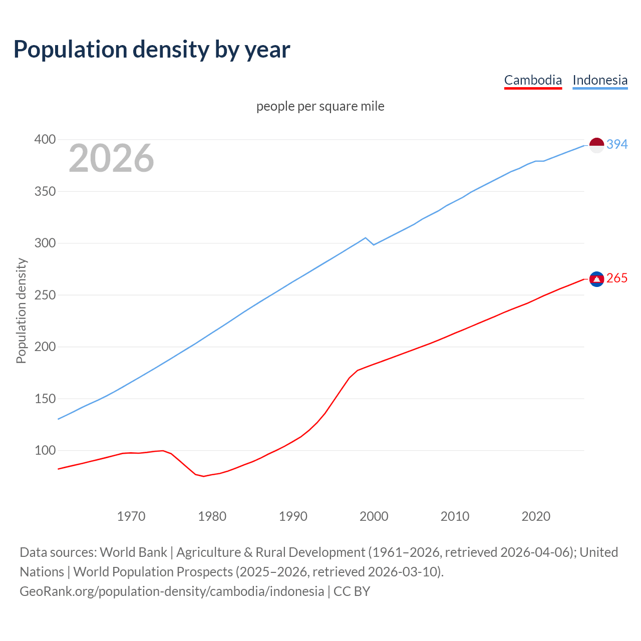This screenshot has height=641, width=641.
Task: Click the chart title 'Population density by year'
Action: pyautogui.click(x=152, y=49)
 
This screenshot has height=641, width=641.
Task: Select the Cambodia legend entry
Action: pyautogui.click(x=533, y=80)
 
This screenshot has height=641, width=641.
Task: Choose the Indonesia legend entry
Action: pyautogui.click(x=600, y=80)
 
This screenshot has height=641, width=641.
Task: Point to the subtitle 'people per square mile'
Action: pyautogui.click(x=320, y=106)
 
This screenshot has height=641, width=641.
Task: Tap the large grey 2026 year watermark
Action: pyautogui.click(x=111, y=158)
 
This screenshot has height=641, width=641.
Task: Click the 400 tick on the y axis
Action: pyautogui.click(x=45, y=140)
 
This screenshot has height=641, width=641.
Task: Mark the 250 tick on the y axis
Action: pyautogui.click(x=45, y=295)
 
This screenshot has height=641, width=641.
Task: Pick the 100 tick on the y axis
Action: pyautogui.click(x=45, y=450)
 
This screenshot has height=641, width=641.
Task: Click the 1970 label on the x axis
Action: pyautogui.click(x=131, y=516)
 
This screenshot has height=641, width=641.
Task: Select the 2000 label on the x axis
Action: pyautogui.click(x=374, y=516)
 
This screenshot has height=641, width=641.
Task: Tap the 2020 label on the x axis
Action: pyautogui.click(x=536, y=516)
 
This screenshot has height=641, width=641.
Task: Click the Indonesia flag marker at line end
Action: pyautogui.click(x=596, y=145)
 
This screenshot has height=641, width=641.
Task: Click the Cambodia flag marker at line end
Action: pyautogui.click(x=596, y=279)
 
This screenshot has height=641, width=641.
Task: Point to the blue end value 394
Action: pyautogui.click(x=617, y=144)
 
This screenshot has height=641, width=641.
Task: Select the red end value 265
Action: pyautogui.click(x=617, y=278)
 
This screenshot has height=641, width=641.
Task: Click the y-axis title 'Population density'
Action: pyautogui.click(x=21, y=310)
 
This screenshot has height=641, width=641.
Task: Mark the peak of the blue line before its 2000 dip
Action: pyautogui.click(x=366, y=238)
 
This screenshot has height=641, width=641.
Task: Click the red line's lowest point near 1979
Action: pyautogui.click(x=203, y=476)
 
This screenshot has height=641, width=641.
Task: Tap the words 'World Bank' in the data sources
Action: pyautogui.click(x=133, y=552)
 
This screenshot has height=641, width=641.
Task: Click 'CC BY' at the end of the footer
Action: pyautogui.click(x=352, y=591)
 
